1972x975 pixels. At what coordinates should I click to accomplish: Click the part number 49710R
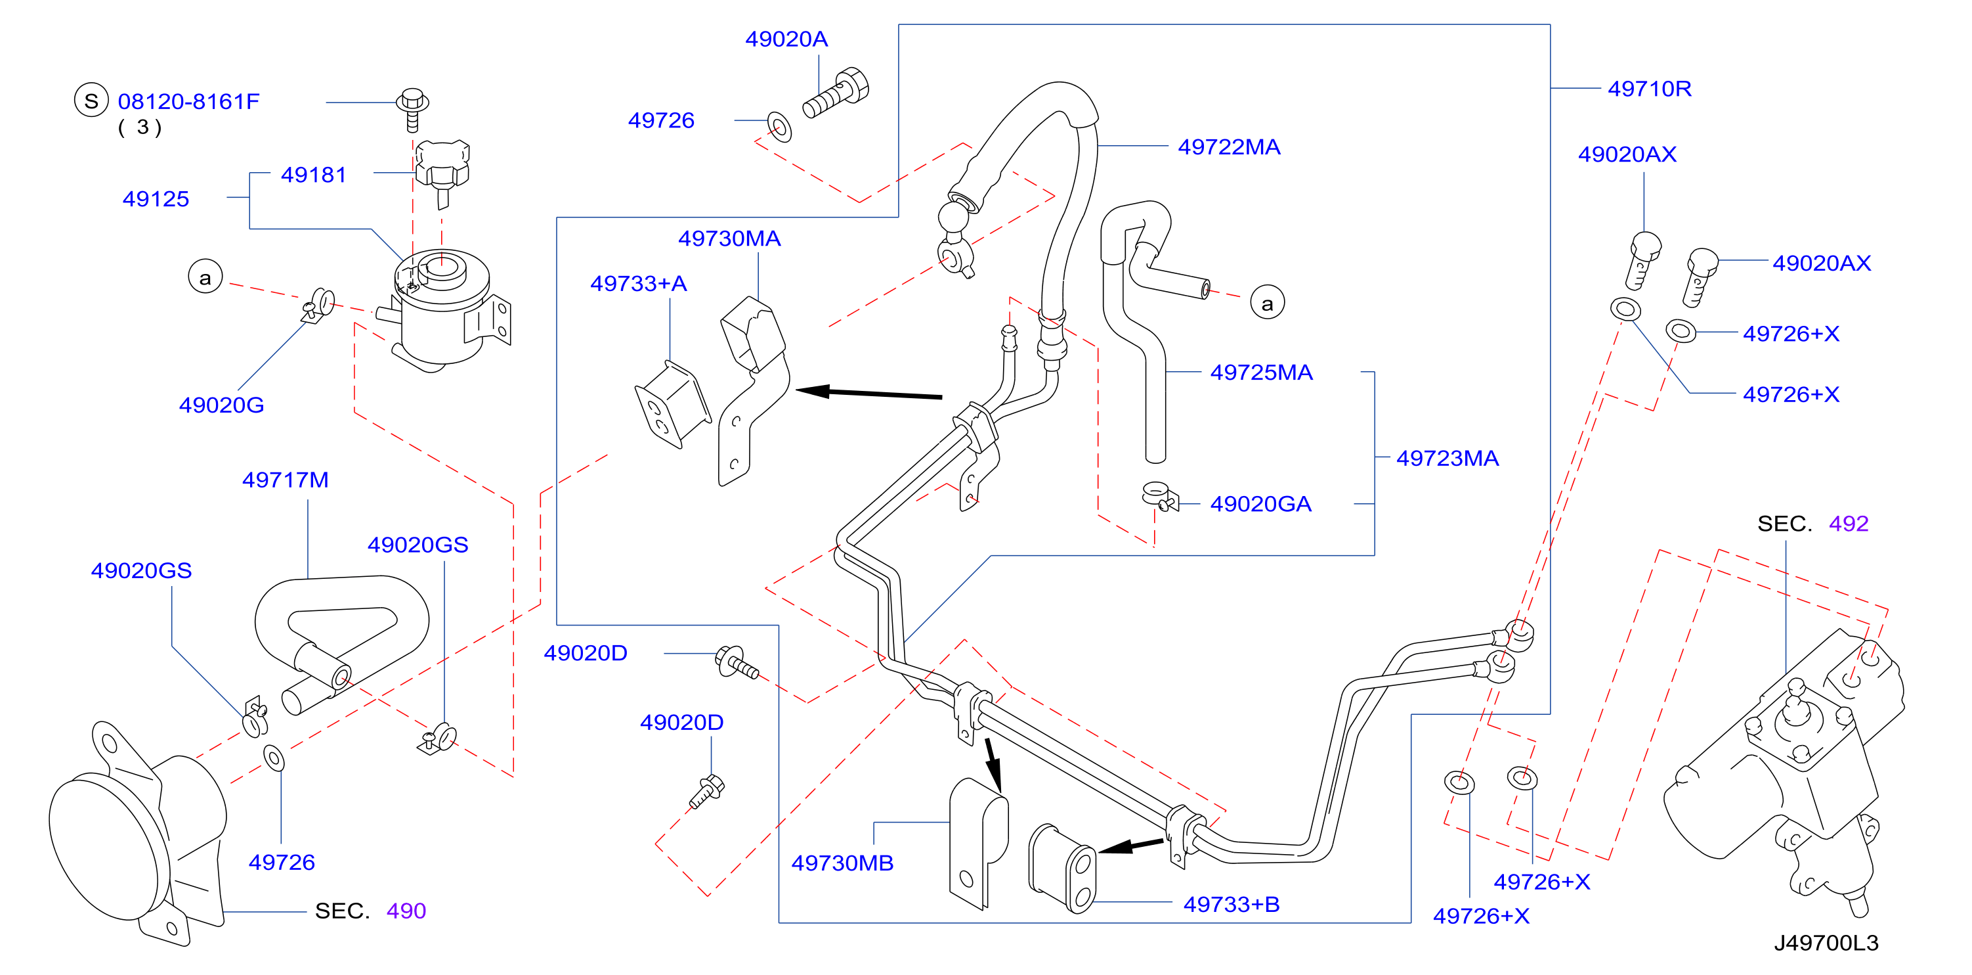[1649, 89]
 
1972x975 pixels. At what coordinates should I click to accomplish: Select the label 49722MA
[1229, 147]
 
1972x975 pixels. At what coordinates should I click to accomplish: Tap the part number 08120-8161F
[188, 101]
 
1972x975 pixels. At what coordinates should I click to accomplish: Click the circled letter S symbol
[91, 101]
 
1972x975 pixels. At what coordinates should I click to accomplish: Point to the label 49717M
[285, 480]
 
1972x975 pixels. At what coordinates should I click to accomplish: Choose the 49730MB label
[842, 863]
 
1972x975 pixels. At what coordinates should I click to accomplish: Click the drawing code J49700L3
[1826, 943]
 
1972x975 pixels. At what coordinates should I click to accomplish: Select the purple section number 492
[1848, 524]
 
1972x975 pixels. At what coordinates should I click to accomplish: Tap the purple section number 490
[406, 911]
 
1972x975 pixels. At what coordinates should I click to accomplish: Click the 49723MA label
[1447, 458]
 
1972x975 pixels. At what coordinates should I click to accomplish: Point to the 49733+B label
[1231, 905]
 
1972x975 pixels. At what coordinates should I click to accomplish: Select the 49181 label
[313, 175]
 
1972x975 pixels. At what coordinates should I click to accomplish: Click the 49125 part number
[156, 199]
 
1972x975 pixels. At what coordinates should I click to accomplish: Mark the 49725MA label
[1261, 373]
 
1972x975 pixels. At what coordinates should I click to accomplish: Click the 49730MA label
[729, 238]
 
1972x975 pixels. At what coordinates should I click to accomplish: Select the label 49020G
[221, 405]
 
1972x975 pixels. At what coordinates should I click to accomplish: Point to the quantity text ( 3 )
[139, 127]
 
